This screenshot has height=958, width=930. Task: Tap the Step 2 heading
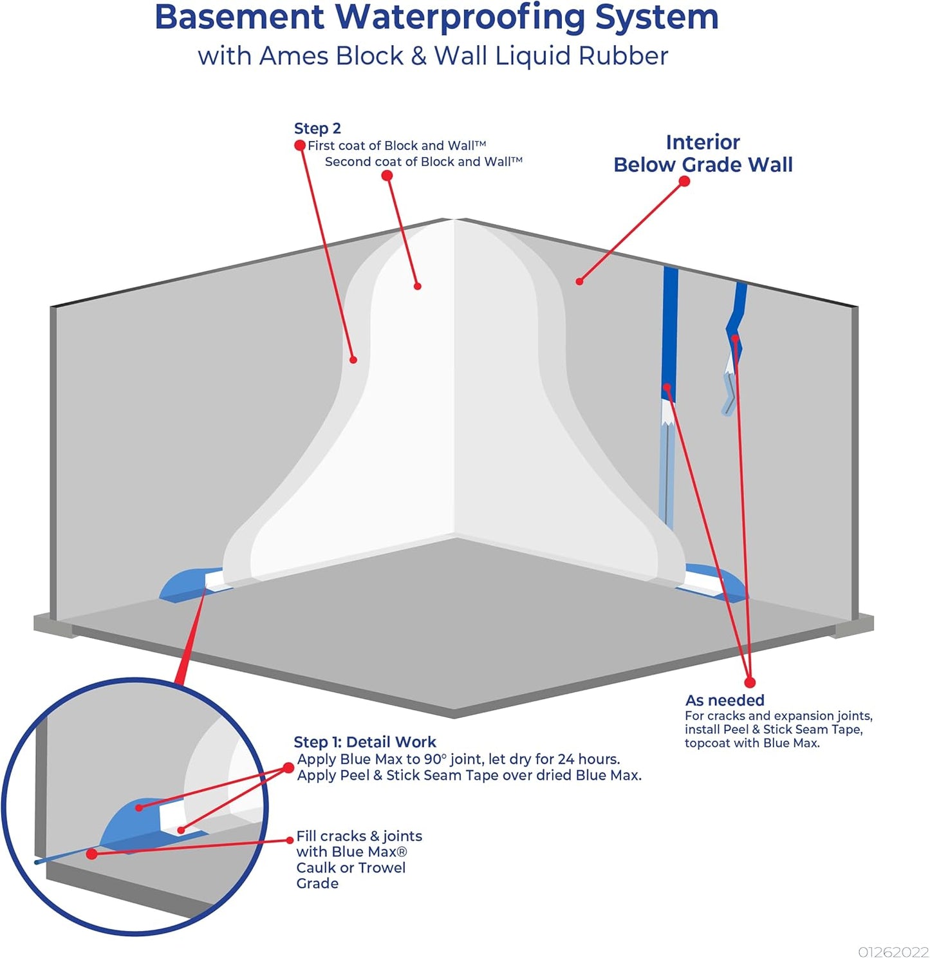[317, 129]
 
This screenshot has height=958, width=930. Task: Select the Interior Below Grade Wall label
[703, 153]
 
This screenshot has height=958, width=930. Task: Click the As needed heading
[725, 700]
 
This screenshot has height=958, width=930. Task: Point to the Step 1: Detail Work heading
[365, 742]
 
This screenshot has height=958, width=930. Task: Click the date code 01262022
[893, 952]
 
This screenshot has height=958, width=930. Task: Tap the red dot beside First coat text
[299, 146]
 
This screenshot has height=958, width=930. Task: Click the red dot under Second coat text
[387, 176]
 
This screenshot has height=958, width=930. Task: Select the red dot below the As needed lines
[750, 682]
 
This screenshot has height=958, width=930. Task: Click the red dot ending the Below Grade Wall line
[684, 182]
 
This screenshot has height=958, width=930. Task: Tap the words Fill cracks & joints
[359, 836]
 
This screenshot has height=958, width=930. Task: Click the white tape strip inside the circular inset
[171, 818]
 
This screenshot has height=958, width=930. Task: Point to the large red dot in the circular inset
[92, 854]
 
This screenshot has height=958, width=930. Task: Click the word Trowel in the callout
[382, 868]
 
